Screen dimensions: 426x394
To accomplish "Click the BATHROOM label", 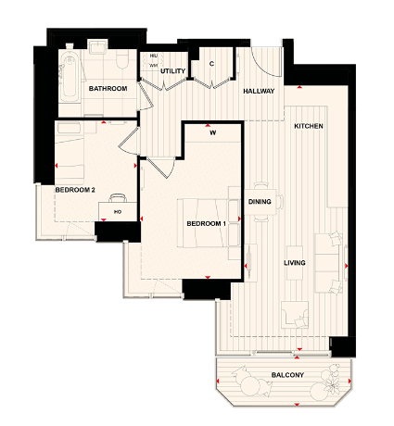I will [108, 89].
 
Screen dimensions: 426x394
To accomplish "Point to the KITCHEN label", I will [308, 126].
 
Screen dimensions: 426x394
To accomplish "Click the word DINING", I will [260, 201].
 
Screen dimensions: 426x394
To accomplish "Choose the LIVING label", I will [295, 263].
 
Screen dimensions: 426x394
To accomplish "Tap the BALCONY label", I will [286, 374].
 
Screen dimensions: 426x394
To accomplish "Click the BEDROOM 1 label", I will [207, 224].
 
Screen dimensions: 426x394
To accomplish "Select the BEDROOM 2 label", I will [75, 190].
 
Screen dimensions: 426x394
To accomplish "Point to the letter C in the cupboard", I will [212, 64].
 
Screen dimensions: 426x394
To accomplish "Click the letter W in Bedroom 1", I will [212, 132].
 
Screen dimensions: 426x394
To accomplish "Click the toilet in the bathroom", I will [122, 57].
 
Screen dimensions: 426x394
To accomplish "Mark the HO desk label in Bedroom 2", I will [117, 212].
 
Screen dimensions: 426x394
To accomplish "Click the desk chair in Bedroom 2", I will [118, 196].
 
